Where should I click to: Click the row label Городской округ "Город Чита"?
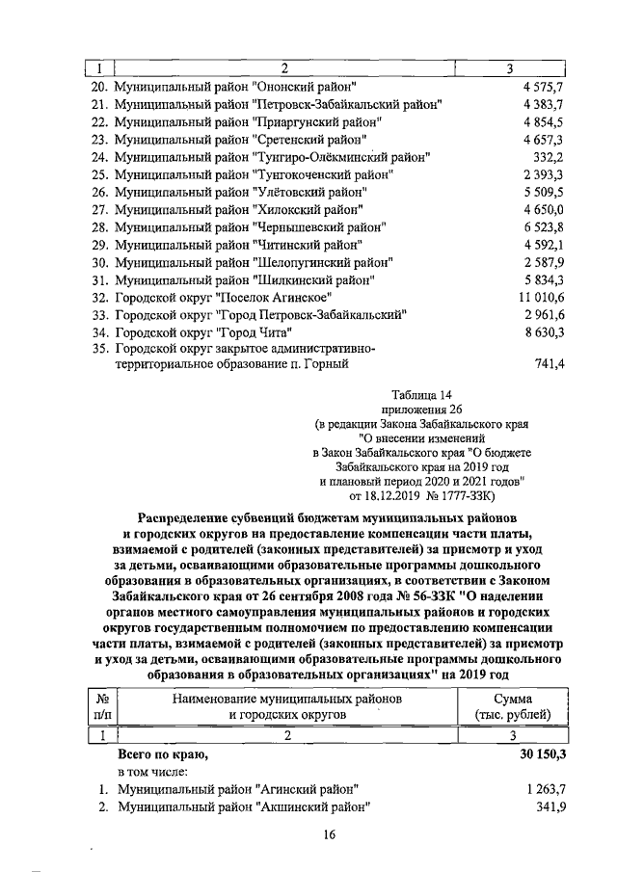click(x=202, y=331)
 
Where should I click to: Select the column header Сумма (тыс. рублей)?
click(x=520, y=706)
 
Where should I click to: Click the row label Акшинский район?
click(x=244, y=806)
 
